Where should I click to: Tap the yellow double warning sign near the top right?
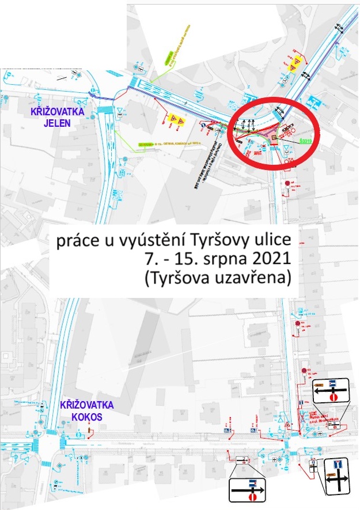[x=294, y=64]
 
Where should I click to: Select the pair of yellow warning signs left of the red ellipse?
[x=176, y=120]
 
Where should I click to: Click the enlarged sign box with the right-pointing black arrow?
[x=247, y=490]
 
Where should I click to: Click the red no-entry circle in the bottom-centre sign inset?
[x=251, y=497]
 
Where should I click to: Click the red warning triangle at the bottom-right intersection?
[x=286, y=425]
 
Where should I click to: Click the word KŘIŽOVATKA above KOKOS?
[x=86, y=405]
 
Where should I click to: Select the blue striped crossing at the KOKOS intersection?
[x=36, y=444]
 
